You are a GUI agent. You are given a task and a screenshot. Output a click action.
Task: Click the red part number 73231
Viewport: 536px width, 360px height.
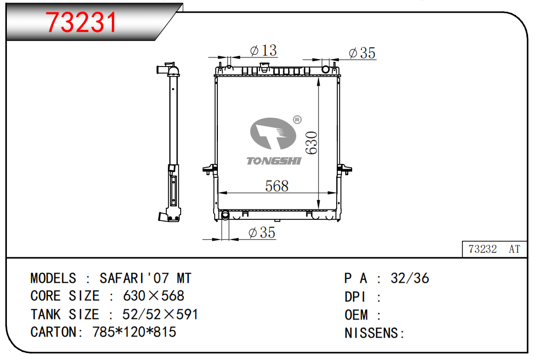[81, 22]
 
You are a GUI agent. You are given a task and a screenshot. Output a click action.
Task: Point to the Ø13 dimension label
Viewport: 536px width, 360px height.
[263, 51]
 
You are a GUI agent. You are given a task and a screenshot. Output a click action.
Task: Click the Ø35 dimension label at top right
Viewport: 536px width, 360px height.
[362, 53]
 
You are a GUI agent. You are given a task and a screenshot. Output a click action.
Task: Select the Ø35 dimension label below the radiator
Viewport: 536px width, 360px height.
[262, 233]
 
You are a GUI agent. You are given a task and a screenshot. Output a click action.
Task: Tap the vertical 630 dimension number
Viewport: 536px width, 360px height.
[311, 143]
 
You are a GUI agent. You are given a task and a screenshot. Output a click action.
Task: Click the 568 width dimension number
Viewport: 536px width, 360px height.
[277, 186]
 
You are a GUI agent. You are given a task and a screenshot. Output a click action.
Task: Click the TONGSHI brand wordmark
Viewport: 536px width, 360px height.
[274, 161]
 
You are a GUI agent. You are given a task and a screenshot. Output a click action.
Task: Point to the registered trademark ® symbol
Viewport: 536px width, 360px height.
[297, 120]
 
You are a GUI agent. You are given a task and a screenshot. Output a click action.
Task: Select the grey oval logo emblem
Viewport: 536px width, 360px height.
[273, 134]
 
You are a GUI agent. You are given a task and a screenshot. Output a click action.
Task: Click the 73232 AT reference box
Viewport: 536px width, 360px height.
[494, 249]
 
